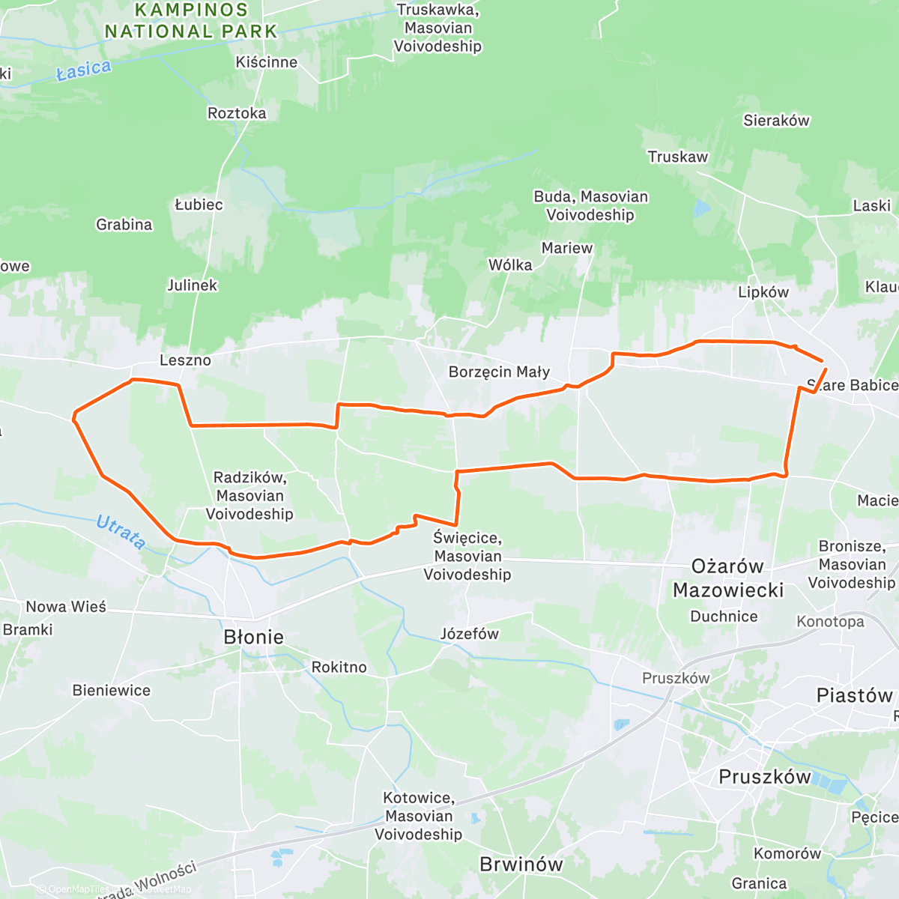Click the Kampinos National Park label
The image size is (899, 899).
pyautogui.click(x=191, y=21)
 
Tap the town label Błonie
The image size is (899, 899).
pyautogui.click(x=253, y=638)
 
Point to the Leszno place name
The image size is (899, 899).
pyautogui.click(x=185, y=360)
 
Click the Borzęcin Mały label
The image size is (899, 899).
pyautogui.click(x=499, y=372)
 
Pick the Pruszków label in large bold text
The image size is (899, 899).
pyautogui.click(x=764, y=777)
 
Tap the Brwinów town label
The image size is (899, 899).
pyautogui.click(x=521, y=865)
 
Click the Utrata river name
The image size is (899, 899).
pyautogui.click(x=121, y=532)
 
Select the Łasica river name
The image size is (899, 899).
pyautogui.click(x=84, y=70)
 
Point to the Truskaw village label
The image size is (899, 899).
pyautogui.click(x=677, y=157)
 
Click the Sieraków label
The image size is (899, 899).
pyautogui.click(x=776, y=121)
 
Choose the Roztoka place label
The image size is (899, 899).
pyautogui.click(x=237, y=113)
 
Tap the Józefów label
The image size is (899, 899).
pyautogui.click(x=469, y=634)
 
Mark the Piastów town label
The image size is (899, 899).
pyautogui.click(x=854, y=696)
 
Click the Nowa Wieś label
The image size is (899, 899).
pyautogui.click(x=66, y=607)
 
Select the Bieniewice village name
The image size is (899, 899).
pyautogui.click(x=111, y=691)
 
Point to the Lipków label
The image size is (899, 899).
pyautogui.click(x=763, y=292)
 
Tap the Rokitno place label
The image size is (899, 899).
pyautogui.click(x=339, y=668)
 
